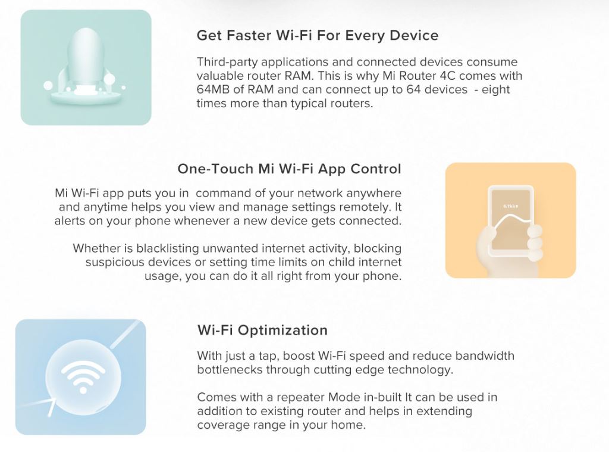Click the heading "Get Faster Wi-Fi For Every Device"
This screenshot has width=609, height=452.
318,35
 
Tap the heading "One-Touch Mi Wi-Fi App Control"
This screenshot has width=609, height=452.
290,169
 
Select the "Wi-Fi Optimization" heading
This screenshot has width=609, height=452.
262,331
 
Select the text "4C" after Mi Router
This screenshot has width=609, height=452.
437,76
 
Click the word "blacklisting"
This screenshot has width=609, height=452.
168,248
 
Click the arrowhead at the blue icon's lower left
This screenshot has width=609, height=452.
51,404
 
